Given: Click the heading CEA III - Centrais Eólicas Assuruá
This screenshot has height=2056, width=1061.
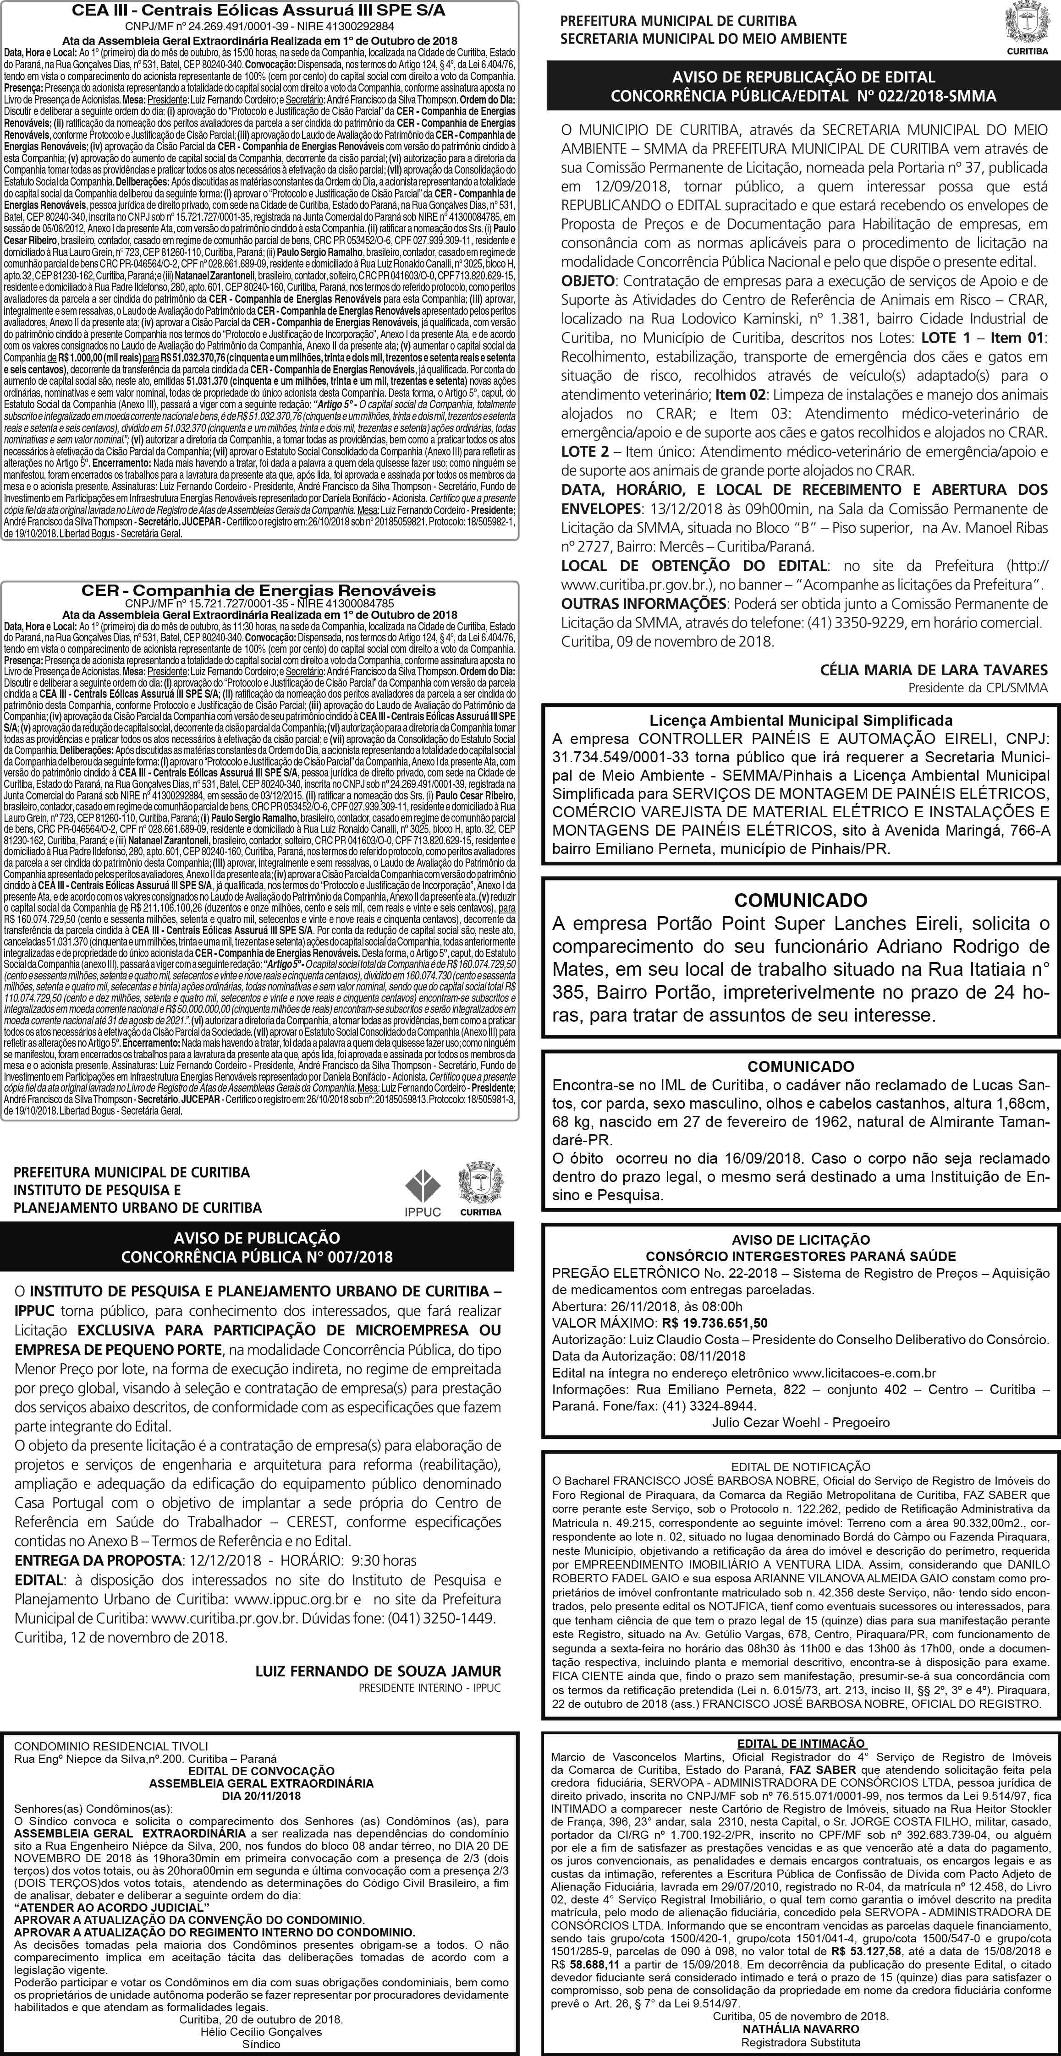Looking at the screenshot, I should (259, 11).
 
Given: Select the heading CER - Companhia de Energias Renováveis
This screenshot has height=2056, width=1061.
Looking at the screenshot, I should (259, 591).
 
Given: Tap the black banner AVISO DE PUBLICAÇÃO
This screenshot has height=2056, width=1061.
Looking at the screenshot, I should (257, 1247).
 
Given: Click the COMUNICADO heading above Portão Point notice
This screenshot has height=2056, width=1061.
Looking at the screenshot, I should (801, 900).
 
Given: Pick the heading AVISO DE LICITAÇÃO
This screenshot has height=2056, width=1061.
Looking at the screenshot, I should (801, 1240).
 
